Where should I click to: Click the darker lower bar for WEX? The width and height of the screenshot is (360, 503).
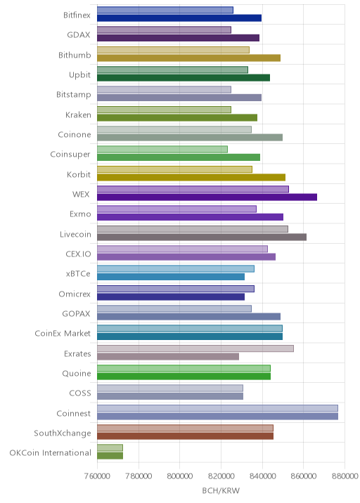click(207, 197)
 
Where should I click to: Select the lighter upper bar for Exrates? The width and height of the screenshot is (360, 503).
click(195, 348)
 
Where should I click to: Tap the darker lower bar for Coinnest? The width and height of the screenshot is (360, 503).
click(218, 417)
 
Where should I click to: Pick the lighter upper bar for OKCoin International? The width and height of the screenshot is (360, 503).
click(110, 448)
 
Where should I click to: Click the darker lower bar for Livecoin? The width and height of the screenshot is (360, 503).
click(202, 237)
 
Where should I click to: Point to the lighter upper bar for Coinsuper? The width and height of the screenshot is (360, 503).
click(162, 149)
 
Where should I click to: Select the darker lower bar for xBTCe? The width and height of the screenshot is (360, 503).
click(171, 277)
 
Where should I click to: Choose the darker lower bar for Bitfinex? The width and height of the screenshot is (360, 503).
click(179, 18)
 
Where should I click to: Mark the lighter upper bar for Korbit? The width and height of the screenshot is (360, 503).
click(174, 169)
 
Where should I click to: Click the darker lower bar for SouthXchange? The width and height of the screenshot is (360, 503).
click(186, 436)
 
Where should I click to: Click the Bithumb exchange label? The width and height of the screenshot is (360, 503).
click(75, 55)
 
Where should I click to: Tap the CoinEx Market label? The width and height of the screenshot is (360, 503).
click(63, 334)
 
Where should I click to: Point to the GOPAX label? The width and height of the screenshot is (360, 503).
click(76, 314)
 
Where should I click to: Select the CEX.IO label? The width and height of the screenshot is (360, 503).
click(78, 254)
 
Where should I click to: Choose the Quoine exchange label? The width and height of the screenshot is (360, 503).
click(77, 374)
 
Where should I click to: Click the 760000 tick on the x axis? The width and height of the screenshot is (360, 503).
click(97, 476)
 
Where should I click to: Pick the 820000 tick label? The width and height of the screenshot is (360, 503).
click(221, 476)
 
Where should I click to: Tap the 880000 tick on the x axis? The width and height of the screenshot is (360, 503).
click(345, 476)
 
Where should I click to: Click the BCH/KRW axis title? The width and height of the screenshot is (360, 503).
click(221, 490)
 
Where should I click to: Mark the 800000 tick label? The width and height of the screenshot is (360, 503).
click(180, 476)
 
